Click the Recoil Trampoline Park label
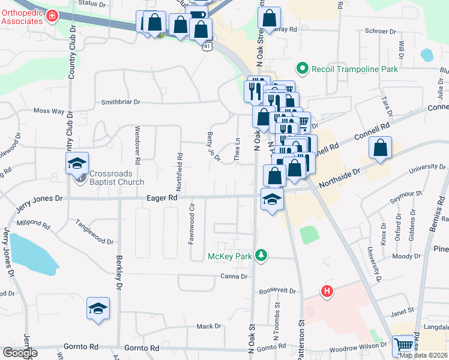point(354,69)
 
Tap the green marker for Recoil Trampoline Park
point(303,69)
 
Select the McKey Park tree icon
point(261,256)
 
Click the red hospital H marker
point(327,292)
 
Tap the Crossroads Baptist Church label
point(117,178)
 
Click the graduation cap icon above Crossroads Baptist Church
point(77,163)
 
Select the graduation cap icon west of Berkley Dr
point(98,308)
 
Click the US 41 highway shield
point(207,45)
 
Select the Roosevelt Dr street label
point(278,291)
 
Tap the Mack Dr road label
point(209,326)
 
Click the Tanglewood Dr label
point(95,232)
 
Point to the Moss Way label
point(49,111)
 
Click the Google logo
point(20,353)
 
